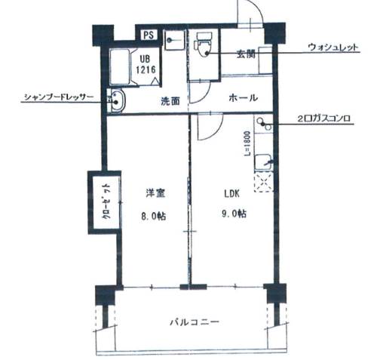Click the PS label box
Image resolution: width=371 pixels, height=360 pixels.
click(x=149, y=35)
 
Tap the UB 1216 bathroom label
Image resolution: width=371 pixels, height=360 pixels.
click(x=146, y=64)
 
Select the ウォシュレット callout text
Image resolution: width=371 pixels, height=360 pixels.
click(x=333, y=48)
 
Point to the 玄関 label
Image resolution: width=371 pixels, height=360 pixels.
click(x=246, y=54)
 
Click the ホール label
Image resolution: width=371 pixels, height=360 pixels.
click(x=244, y=97)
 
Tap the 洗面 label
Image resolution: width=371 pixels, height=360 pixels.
click(x=170, y=101)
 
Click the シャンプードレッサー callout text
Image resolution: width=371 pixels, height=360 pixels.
click(x=59, y=97)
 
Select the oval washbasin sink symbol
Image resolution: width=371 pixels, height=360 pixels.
click(x=118, y=101)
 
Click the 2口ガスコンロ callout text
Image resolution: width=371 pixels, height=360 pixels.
click(x=323, y=118)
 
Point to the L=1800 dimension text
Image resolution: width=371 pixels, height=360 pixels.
click(x=247, y=143)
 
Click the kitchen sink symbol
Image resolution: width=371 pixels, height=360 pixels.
click(x=263, y=162)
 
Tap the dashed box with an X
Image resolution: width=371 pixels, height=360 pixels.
click(x=263, y=182)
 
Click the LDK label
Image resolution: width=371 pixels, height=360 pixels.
click(x=231, y=194)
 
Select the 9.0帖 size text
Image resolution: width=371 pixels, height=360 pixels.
click(x=234, y=214)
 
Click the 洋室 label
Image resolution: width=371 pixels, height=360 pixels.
click(x=155, y=193)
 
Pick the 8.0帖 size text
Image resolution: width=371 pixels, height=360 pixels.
click(x=154, y=216)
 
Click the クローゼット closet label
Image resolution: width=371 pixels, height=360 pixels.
click(x=107, y=202)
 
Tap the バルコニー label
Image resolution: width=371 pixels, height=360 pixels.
click(x=195, y=322)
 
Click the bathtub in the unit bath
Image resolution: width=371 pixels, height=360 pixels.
click(x=120, y=66)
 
